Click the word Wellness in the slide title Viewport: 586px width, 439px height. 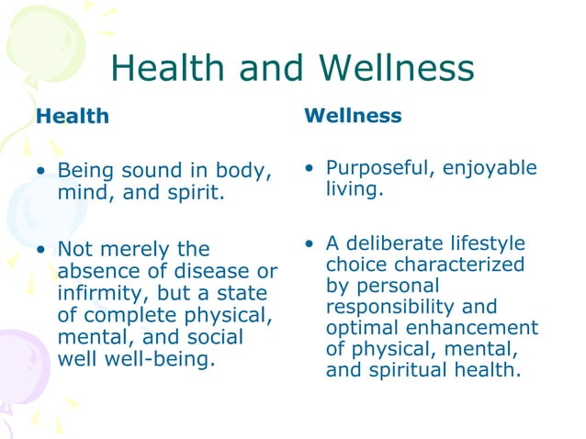tap(397, 69)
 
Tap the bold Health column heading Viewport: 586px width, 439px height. tap(72, 117)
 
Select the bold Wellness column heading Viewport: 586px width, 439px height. tap(353, 116)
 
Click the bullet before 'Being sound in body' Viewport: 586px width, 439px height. tap(40, 172)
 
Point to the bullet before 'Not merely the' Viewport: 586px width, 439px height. tap(40, 250)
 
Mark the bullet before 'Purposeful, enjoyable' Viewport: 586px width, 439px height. tap(310, 169)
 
